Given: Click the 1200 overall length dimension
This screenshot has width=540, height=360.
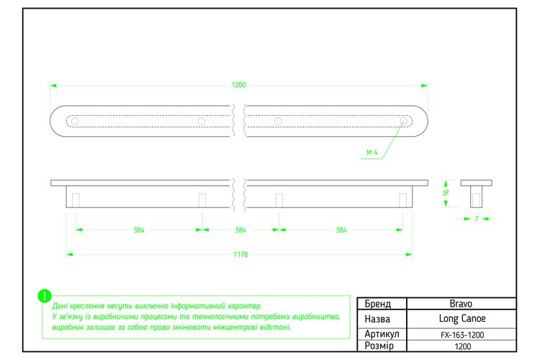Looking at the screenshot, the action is coord(238,85).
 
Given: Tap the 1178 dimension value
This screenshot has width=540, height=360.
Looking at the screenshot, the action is coord(240,255).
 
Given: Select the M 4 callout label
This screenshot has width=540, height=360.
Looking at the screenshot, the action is coord(372,152).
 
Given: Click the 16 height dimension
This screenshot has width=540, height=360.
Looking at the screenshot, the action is coord(446,192).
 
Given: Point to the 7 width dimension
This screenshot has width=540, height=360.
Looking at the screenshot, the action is coord(477,218).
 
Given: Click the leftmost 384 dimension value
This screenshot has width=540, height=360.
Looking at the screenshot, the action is coord(139,230).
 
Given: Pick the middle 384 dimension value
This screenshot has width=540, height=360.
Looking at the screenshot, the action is coord(240,230).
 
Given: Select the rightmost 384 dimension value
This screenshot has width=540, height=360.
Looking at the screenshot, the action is coord(341,230).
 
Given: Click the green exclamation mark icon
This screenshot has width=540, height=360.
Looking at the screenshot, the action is coord(45,296).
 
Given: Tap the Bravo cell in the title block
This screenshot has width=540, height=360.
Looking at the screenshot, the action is coord(461,304).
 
